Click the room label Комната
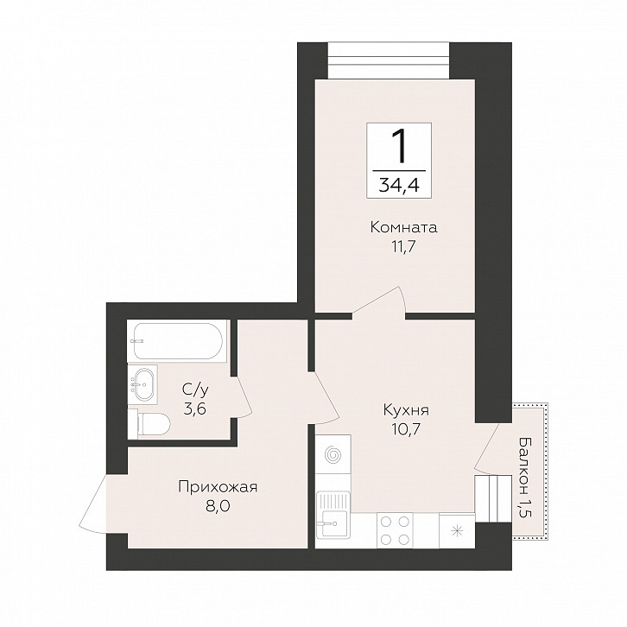point(404,227)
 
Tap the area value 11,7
point(404,247)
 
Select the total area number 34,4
point(399,185)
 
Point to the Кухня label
point(406,410)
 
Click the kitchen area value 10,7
point(406,429)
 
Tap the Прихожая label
point(218,487)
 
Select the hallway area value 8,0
point(218,507)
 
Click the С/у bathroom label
point(194,389)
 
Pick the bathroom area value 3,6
point(194,409)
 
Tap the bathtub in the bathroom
point(178,340)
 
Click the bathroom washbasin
point(143,383)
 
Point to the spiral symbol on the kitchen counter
point(333,454)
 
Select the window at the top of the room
point(389,60)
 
